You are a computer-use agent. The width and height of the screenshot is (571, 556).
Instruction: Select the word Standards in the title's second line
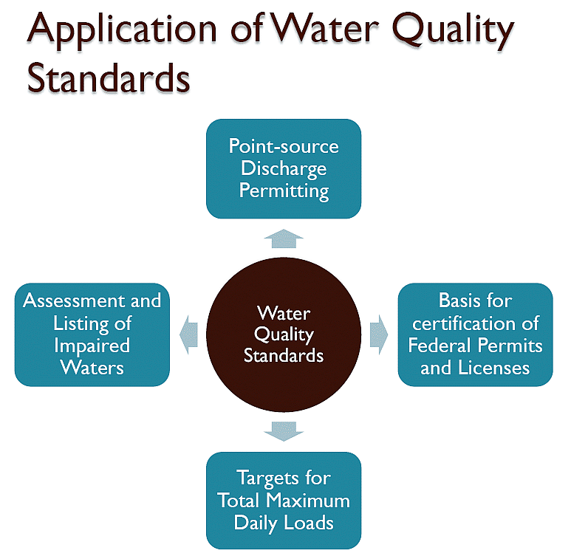click(109, 79)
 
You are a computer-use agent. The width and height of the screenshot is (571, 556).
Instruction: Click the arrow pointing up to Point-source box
click(284, 238)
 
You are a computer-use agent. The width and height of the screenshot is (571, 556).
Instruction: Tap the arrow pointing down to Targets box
click(284, 430)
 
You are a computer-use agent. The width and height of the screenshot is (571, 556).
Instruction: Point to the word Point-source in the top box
click(284, 145)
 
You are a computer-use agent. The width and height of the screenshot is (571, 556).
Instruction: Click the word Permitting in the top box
click(284, 191)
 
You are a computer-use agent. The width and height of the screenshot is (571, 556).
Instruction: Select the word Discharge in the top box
click(284, 168)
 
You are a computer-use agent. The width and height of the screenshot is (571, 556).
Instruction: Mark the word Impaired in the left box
click(92, 346)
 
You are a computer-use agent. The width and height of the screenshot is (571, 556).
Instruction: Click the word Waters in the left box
click(92, 368)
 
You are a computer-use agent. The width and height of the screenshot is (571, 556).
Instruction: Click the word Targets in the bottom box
click(284, 478)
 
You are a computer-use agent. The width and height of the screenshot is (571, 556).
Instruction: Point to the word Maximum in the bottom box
click(309, 501)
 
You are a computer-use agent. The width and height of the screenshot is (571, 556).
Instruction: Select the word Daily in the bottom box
click(255, 523)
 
